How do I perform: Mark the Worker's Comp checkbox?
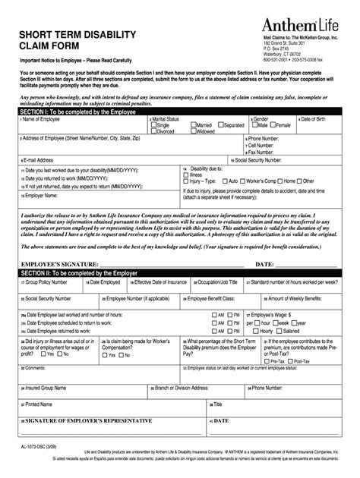[246, 181]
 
